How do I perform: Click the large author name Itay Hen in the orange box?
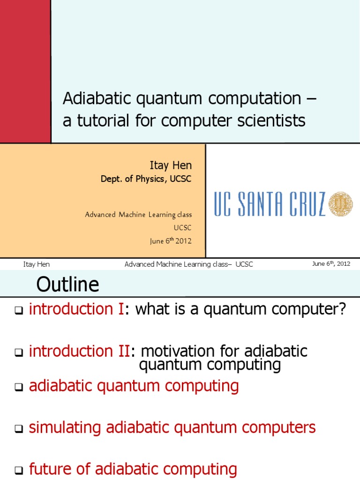click(x=171, y=165)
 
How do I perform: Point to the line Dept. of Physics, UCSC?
click(x=146, y=179)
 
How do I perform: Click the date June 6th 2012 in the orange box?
click(x=171, y=241)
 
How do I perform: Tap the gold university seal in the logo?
click(x=340, y=204)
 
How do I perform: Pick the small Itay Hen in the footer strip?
click(x=37, y=264)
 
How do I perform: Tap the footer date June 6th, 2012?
click(x=331, y=264)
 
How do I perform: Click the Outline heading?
click(x=68, y=284)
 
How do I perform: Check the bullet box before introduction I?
click(x=19, y=311)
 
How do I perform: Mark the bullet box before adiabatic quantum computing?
click(x=19, y=388)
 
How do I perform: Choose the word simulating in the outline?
click(x=65, y=427)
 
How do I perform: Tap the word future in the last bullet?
click(x=50, y=469)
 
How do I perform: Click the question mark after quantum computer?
click(x=341, y=309)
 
